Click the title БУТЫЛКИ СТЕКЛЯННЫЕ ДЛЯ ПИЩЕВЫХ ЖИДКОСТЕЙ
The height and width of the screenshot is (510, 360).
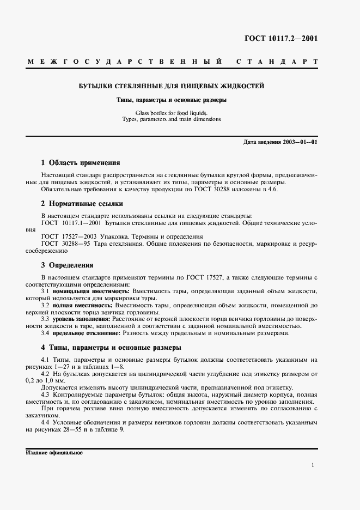[172, 87]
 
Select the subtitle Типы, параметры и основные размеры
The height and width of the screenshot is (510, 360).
[172, 101]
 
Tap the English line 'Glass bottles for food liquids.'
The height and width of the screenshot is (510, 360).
[172, 113]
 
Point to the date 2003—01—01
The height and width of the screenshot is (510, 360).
[298, 142]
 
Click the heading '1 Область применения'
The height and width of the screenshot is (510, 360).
[81, 163]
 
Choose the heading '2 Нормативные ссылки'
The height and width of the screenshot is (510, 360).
[82, 204]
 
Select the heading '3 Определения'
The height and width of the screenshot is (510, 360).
[68, 265]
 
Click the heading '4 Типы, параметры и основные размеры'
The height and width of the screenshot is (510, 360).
[111, 347]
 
